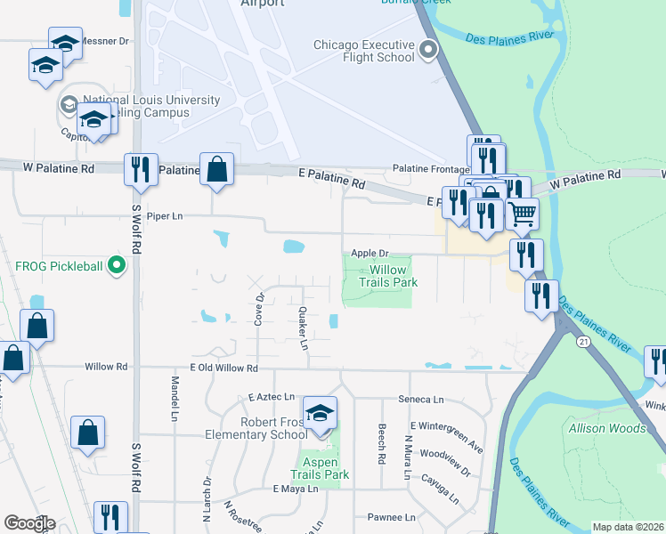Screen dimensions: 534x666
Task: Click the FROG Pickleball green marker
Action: click(115, 265)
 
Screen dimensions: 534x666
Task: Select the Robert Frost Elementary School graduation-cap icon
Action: click(320, 413)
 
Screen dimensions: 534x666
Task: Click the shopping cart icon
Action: click(522, 214)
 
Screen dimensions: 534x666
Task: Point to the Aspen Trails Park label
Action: click(320, 468)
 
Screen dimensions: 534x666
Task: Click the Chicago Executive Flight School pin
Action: click(429, 50)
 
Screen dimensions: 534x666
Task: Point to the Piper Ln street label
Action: click(164, 216)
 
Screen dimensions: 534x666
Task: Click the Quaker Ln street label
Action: click(304, 328)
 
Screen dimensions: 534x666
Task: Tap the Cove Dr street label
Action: click(259, 309)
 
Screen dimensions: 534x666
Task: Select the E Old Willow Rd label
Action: click(223, 368)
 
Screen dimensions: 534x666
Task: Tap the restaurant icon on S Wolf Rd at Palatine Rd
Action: click(140, 170)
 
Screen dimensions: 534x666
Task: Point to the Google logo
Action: click(29, 523)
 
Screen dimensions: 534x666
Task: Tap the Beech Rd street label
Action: click(381, 437)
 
